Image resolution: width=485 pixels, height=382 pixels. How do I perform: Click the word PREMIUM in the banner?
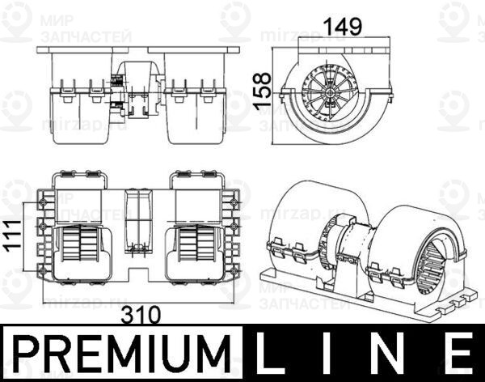pyautogui.click(x=121, y=354)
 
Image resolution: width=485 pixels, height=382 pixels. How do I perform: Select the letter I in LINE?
pyautogui.click(x=336, y=354)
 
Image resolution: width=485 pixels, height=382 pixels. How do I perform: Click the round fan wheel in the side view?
pyautogui.click(x=332, y=91)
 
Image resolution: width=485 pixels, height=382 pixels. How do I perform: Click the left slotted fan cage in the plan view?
pyautogui.click(x=81, y=243)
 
